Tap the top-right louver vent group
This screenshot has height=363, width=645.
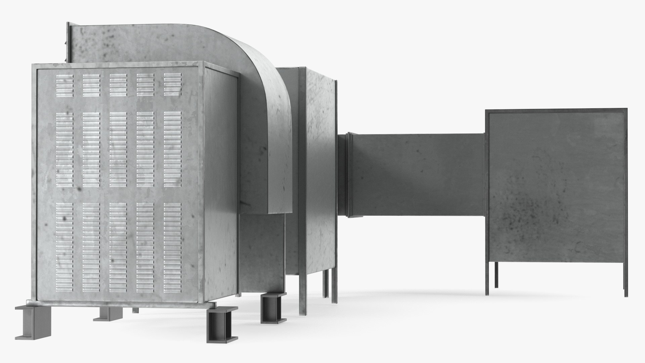(x=173, y=85)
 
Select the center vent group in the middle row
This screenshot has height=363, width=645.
(x=118, y=149)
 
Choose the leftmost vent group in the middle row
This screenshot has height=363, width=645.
(x=64, y=149)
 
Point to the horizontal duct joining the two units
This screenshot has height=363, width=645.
(x=417, y=175)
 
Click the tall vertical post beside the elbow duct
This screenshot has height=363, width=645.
(x=302, y=188)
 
